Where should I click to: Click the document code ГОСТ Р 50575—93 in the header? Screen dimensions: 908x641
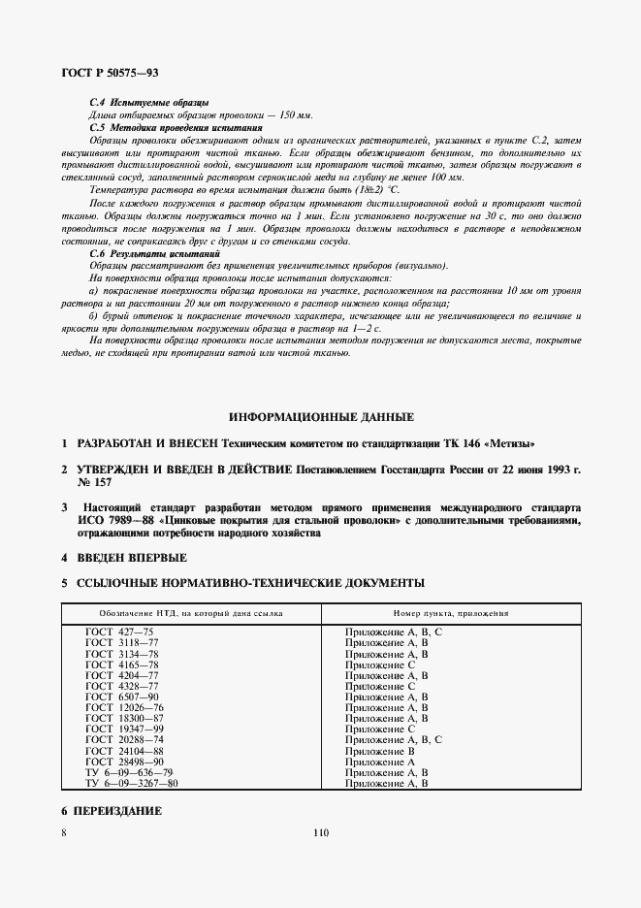point(111,73)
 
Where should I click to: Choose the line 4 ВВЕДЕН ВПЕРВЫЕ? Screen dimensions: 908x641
point(123,558)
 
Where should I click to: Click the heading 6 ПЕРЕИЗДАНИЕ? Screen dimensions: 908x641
point(111,810)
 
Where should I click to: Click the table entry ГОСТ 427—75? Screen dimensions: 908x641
point(119,632)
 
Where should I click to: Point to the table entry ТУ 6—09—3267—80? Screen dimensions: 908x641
point(132,783)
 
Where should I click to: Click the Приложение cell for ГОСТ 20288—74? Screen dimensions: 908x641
point(394,739)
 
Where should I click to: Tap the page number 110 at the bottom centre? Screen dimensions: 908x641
point(321,831)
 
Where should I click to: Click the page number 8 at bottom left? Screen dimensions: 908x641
point(63,831)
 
